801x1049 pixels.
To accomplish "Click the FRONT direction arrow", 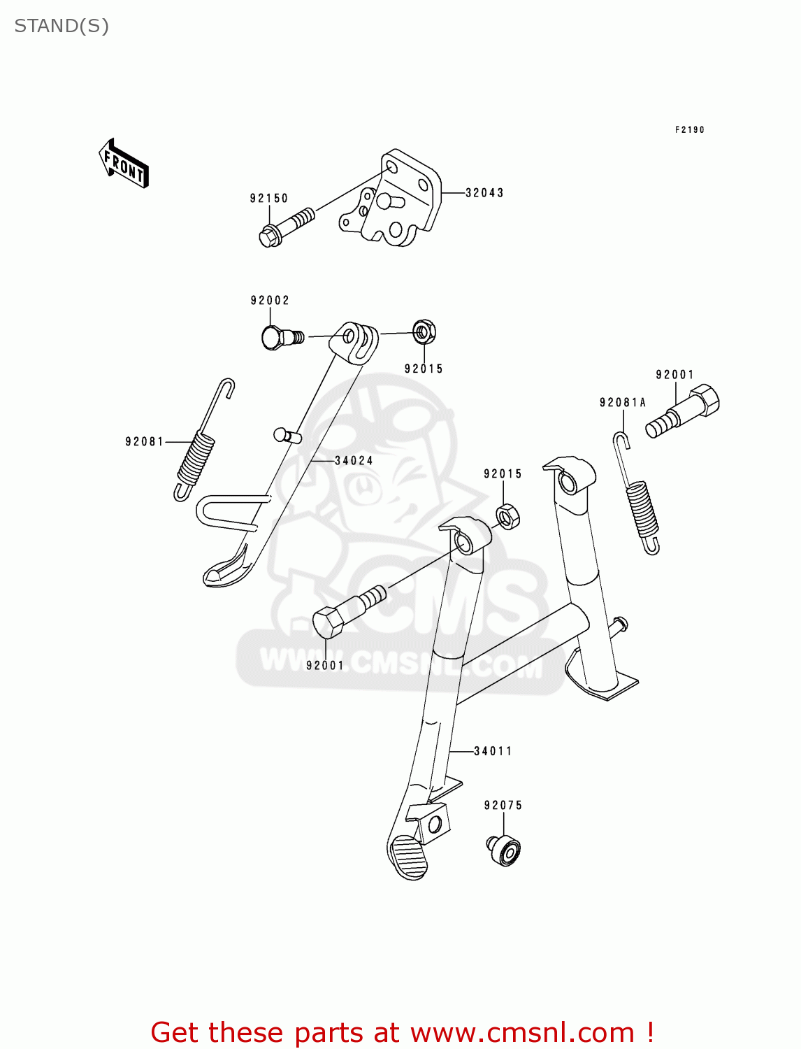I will coord(124,164).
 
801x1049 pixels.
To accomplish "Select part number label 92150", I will coord(269,199).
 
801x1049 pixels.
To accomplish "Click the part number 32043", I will coord(484,193).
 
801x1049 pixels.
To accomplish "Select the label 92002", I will coord(270,301).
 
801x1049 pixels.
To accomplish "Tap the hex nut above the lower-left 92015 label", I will coord(424,331).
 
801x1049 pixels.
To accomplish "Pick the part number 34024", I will coord(354,461).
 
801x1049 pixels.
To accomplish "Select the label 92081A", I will coord(623,403).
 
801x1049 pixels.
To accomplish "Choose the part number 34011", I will coord(493,752).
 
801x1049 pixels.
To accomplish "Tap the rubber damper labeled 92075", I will coord(504,850).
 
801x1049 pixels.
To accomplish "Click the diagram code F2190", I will coord(689,130).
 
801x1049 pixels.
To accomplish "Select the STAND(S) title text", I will coord(62,26).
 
